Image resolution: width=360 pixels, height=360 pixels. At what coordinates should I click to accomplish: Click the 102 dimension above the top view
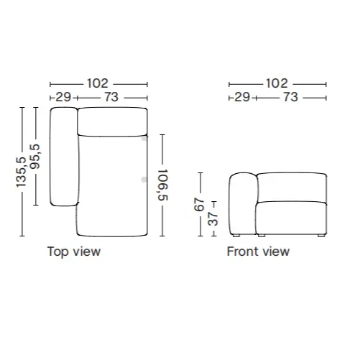pos(98,83)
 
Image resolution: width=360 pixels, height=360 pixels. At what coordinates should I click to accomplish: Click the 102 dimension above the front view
pos(277,83)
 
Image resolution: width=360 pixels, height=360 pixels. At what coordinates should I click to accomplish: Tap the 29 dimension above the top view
pos(63,97)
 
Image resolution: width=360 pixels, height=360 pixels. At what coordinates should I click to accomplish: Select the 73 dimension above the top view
pos(111,97)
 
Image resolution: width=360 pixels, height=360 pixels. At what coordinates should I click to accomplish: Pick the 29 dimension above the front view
pos(242,97)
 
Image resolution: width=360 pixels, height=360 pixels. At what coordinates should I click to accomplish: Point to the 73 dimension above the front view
pos(290,97)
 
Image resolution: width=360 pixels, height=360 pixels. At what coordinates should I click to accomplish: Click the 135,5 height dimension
pos(21,172)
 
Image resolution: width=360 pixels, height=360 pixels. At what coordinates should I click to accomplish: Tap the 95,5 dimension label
pos(35,157)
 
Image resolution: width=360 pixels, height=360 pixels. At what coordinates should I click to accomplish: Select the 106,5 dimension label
pos(163,185)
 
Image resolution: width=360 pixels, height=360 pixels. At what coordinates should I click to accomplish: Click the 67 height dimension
pos(199,204)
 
